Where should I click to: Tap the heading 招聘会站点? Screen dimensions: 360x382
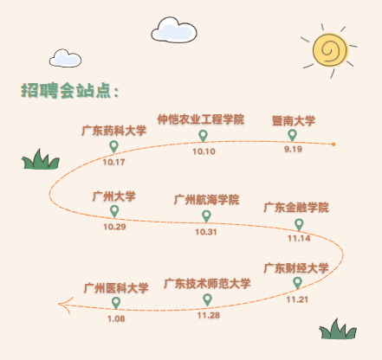tap(69, 91)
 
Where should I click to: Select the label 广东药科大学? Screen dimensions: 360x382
tap(113, 131)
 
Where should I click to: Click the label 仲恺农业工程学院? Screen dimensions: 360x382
tap(201, 119)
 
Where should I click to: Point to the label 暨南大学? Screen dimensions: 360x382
tap(293, 120)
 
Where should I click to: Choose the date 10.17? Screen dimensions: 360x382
tap(113, 162)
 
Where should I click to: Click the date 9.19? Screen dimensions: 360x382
tap(293, 150)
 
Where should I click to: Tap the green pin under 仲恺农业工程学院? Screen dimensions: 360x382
tap(204, 136)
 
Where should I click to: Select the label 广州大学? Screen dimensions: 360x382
tap(114, 196)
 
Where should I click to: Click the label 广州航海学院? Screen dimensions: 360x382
tap(205, 200)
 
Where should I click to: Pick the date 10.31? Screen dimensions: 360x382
tap(205, 232)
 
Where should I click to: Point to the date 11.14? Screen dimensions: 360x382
tap(298, 238)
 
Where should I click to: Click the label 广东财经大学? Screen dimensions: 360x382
tap(296, 267)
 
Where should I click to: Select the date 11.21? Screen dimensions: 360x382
tap(297, 299)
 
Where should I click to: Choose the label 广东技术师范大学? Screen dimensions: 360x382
tap(207, 284)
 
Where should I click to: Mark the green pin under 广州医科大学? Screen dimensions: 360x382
tap(116, 303)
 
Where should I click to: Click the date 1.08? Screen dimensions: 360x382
tap(116, 319)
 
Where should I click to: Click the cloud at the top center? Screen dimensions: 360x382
tap(171, 29)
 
